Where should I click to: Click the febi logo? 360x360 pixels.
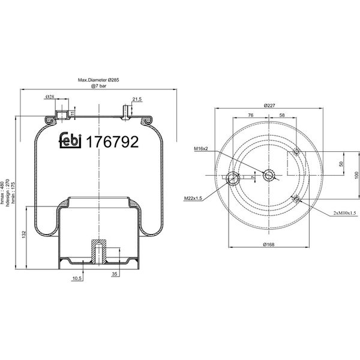click(70, 140)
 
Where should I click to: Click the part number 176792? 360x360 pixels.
click(112, 142)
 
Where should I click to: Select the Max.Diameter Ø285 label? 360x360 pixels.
click(98, 80)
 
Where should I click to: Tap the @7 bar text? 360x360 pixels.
click(99, 86)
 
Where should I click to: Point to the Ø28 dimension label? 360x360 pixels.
click(50, 97)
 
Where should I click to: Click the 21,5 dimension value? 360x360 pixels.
click(137, 99)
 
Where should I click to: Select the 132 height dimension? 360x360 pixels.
click(24, 235)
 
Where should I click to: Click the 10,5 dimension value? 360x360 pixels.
click(77, 278)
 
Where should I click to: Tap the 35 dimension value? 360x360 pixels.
click(115, 274)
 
